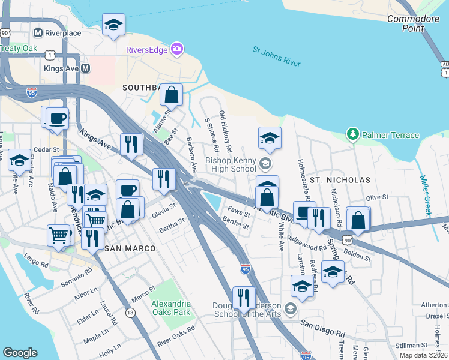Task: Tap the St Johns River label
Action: tap(276, 60)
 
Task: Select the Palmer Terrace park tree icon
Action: tap(354, 134)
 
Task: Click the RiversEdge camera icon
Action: tap(177, 49)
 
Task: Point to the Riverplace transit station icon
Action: tap(38, 33)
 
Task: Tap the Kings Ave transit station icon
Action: tap(85, 68)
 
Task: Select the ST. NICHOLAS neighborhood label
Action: tap(340, 179)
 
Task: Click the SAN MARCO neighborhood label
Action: tap(130, 248)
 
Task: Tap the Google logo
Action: tap(20, 353)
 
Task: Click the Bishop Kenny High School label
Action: tap(231, 164)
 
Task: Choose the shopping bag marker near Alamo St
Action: tap(172, 94)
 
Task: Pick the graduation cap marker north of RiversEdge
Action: tap(113, 25)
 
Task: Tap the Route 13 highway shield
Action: tap(130, 313)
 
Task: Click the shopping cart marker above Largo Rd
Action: tap(58, 235)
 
